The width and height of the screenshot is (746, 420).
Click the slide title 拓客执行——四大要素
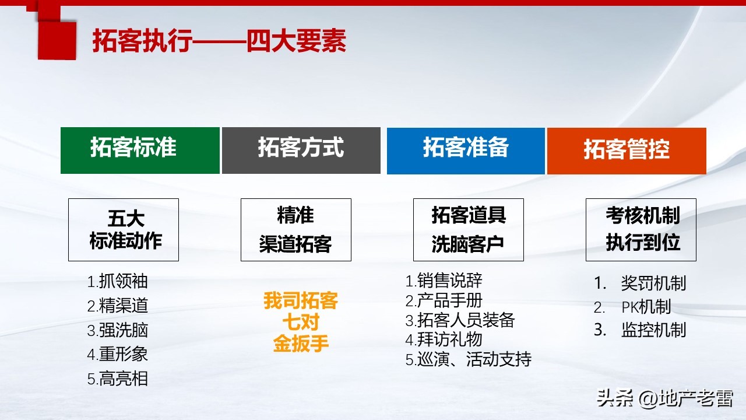pos(219,41)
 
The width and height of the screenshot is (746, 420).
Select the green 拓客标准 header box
pos(140,150)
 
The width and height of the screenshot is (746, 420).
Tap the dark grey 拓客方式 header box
pos(301,150)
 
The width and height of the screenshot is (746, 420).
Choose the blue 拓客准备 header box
pos(466,150)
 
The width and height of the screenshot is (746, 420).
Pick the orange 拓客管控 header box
pos(627,150)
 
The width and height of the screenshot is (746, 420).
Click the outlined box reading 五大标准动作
pos(124,229)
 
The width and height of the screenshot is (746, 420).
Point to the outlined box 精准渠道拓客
pos(295,229)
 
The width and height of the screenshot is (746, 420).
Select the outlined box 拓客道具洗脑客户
pos(468,229)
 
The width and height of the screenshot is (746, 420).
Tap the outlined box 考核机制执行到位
pos(641,229)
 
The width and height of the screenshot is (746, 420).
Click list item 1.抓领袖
pos(118,282)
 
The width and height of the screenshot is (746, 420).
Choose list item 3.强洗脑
pos(118,330)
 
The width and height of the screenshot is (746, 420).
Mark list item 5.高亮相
pos(118,379)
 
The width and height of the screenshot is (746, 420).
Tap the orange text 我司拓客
pos(301,301)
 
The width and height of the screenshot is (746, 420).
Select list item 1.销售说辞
pos(444,281)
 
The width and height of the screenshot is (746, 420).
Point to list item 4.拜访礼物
pos(444,339)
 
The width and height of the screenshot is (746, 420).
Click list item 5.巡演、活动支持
pos(469,359)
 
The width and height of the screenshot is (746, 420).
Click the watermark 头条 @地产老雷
pos(664,399)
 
